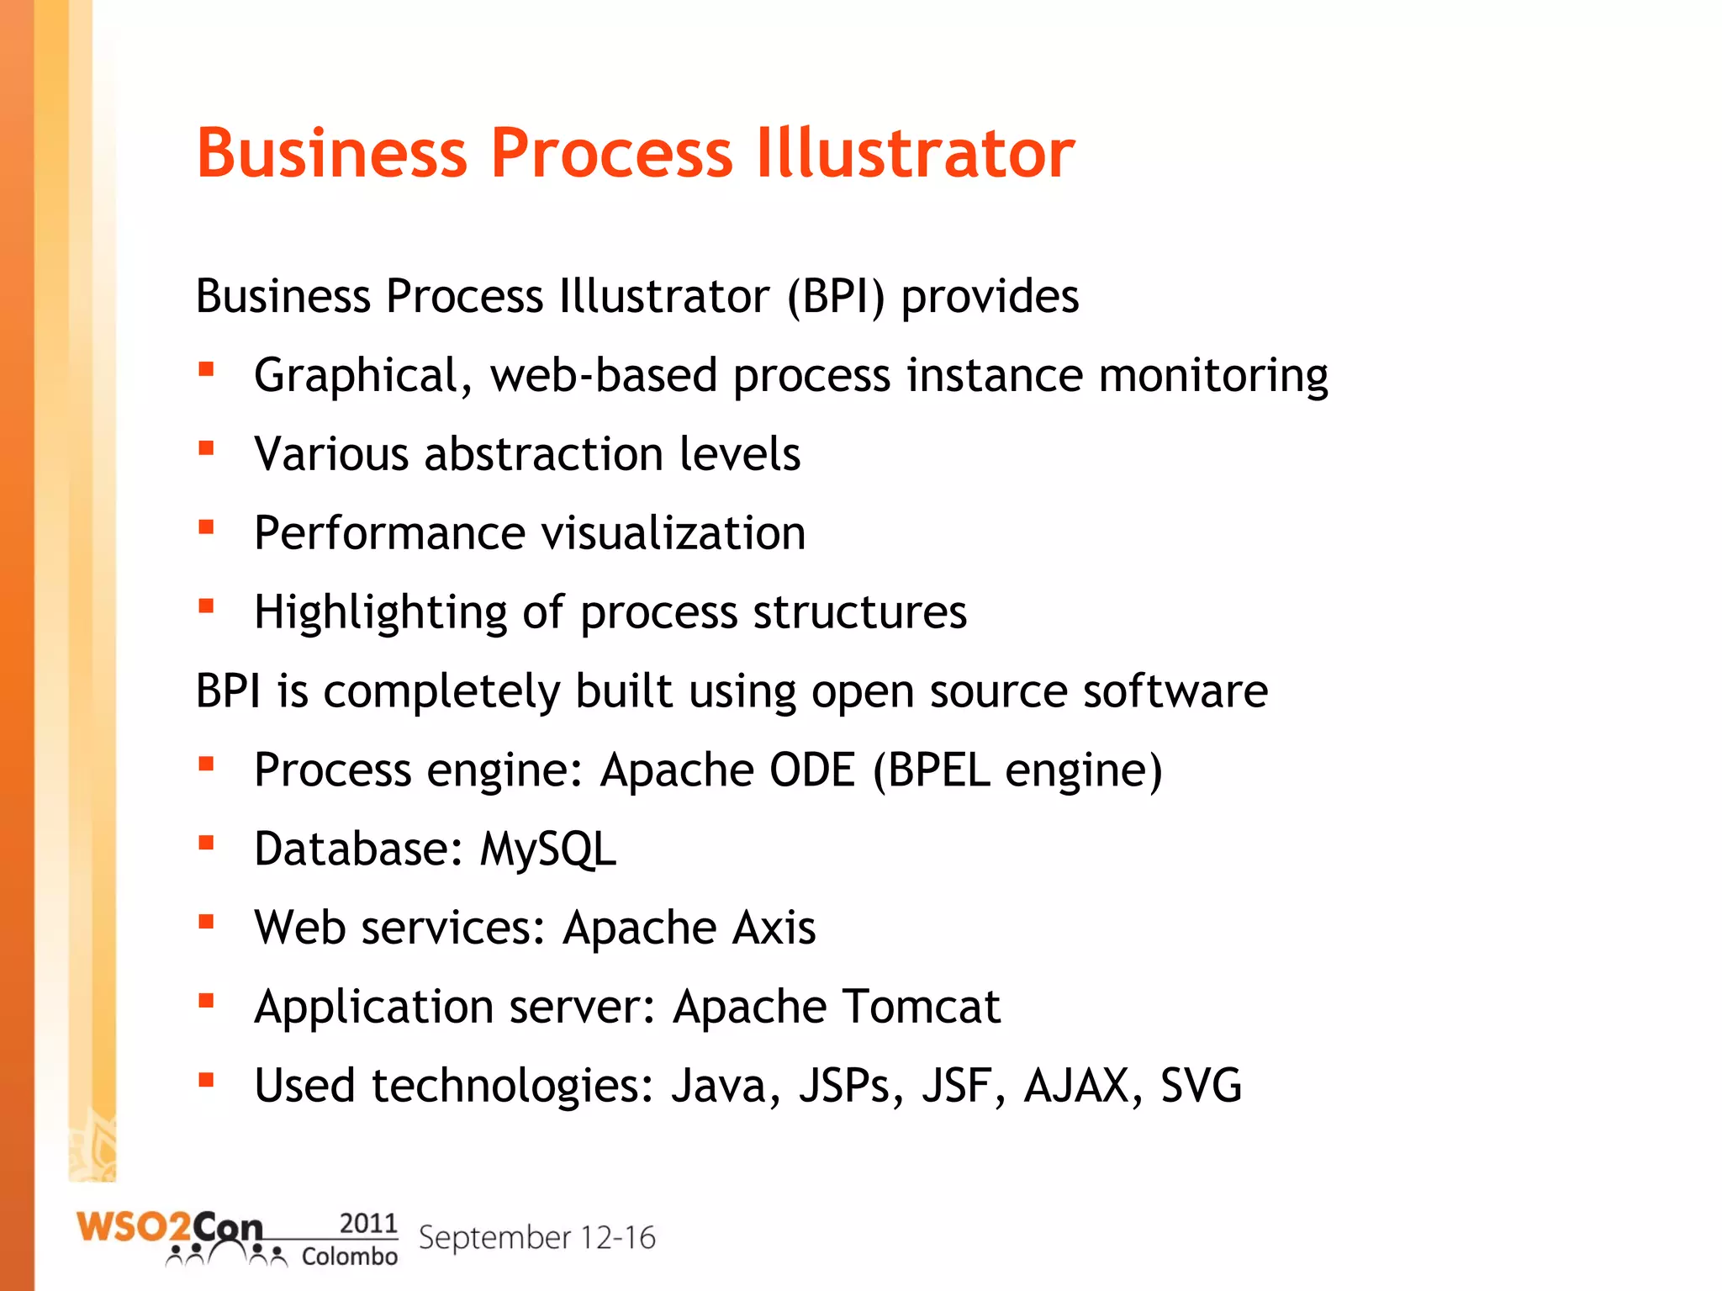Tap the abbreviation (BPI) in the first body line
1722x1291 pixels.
point(836,297)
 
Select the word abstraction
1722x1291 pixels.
point(543,454)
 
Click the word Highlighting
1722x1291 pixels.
point(380,612)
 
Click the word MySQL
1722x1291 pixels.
point(547,849)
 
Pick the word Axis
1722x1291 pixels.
point(773,928)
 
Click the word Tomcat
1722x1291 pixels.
point(921,1007)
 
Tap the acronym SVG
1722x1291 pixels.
point(1200,1086)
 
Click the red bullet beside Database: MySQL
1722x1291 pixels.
point(206,843)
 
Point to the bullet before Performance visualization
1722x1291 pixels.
point(206,527)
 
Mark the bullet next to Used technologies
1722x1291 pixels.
point(206,1079)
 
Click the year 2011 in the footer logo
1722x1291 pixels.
point(367,1223)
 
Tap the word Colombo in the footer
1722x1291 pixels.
point(349,1257)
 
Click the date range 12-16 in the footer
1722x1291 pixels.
point(618,1238)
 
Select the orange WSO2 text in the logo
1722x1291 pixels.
point(133,1228)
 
